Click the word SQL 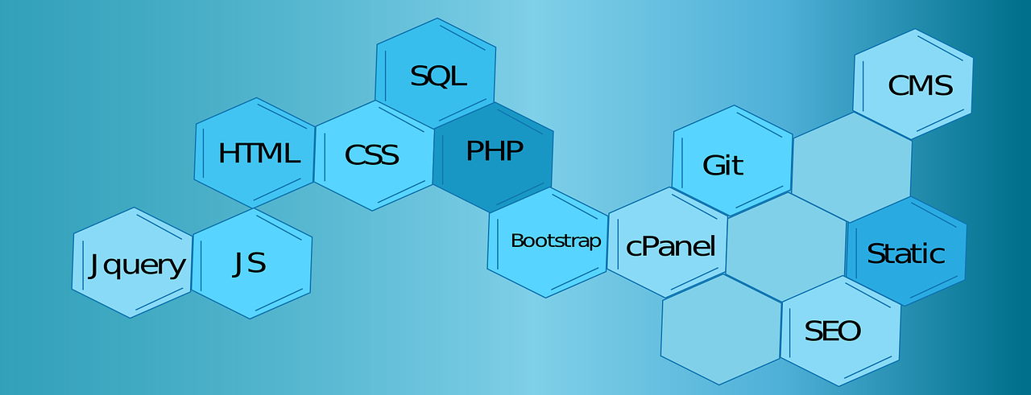pyautogui.click(x=438, y=76)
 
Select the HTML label pyautogui.click(x=259, y=153)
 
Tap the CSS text pyautogui.click(x=372, y=154)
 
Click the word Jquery pyautogui.click(x=138, y=265)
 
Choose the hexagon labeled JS pyautogui.click(x=251, y=263)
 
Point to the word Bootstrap pyautogui.click(x=556, y=241)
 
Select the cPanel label pyautogui.click(x=670, y=246)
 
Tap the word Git pyautogui.click(x=723, y=165)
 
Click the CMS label pyautogui.click(x=920, y=85)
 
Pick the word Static pyautogui.click(x=905, y=254)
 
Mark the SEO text pyautogui.click(x=833, y=331)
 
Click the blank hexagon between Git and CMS pyautogui.click(x=852, y=166)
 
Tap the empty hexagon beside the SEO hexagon pyautogui.click(x=720, y=330)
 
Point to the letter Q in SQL pyautogui.click(x=438, y=77)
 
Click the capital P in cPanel pyautogui.click(x=647, y=246)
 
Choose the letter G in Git pyautogui.click(x=712, y=165)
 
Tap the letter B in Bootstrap pyautogui.click(x=517, y=241)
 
